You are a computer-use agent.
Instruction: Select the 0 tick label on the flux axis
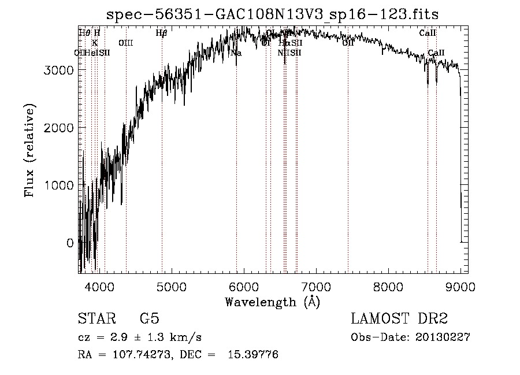70,243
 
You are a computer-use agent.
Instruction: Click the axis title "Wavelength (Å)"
272,302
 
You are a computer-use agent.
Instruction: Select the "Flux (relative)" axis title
29,150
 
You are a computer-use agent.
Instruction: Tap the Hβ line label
162,33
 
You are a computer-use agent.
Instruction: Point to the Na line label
236,53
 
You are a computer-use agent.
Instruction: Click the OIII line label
125,43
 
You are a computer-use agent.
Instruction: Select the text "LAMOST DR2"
399,319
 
